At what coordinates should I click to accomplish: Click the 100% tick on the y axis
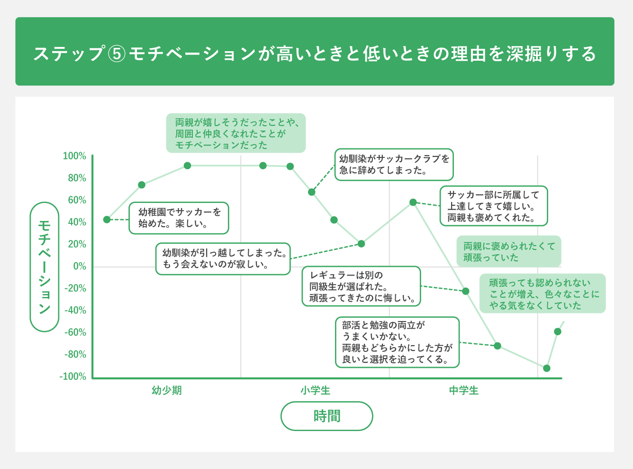click(74, 156)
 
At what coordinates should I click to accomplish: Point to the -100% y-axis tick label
click(73, 377)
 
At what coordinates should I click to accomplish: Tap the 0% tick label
click(79, 266)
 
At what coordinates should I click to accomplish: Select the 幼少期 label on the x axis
click(167, 391)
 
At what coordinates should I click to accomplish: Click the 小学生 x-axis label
click(315, 391)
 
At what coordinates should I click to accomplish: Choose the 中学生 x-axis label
click(464, 391)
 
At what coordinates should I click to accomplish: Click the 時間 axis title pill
click(326, 416)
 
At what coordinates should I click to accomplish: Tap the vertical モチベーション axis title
click(44, 267)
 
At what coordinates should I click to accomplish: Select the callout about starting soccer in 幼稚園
click(179, 218)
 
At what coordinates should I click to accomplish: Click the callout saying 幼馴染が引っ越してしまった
click(223, 259)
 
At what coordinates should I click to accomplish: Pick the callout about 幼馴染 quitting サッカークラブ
click(394, 165)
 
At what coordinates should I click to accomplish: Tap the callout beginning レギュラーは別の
click(361, 286)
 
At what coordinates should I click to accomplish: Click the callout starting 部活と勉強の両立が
click(397, 342)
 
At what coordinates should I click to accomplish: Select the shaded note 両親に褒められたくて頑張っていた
click(508, 252)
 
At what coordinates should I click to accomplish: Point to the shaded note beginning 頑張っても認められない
click(543, 294)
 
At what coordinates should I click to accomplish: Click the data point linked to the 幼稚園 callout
click(107, 220)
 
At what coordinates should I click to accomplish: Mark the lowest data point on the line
click(547, 368)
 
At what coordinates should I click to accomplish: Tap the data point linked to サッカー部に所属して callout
click(413, 202)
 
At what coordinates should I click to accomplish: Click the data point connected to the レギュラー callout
click(465, 291)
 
